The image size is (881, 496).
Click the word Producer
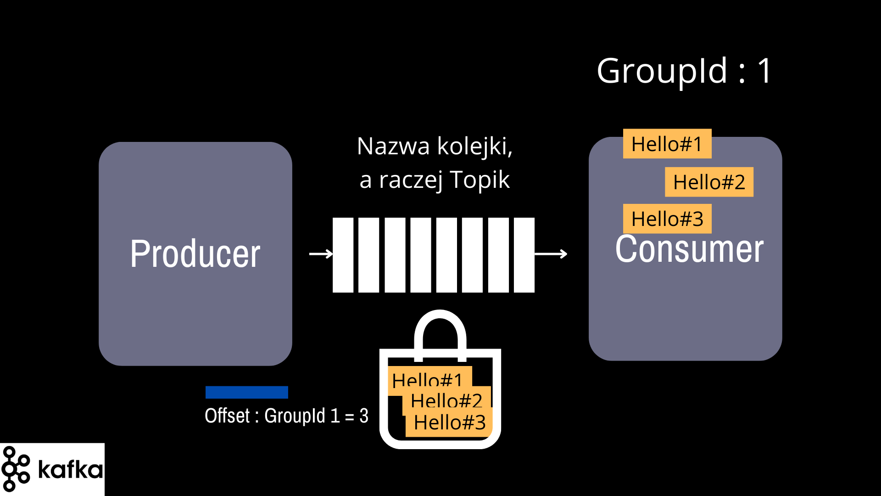coord(195,254)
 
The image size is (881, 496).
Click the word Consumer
coord(689,249)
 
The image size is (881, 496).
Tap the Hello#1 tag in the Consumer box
coord(667,144)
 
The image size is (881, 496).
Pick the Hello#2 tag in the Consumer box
coord(709,182)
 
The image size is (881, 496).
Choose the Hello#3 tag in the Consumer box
coord(667,219)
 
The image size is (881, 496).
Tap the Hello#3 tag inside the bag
coord(449,422)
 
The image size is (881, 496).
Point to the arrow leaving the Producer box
coord(321,254)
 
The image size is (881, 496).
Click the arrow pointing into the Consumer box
coord(551,254)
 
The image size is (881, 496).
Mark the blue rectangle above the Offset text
coord(247,392)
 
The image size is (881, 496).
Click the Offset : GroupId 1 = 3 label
coord(286,416)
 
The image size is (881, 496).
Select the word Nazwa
coord(393,147)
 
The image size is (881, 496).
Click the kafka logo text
coord(70,469)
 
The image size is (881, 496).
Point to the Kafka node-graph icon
coord(16,469)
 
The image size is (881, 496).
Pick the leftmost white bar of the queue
coord(343,255)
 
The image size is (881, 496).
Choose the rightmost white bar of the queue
coord(524,255)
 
